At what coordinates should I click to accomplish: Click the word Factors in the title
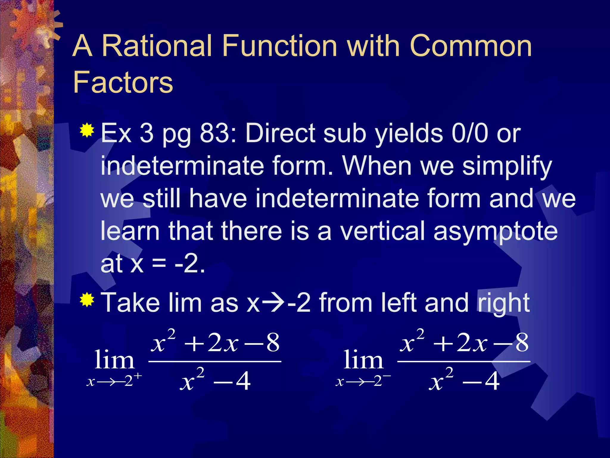click(x=123, y=82)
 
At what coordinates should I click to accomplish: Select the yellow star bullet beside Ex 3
click(x=87, y=130)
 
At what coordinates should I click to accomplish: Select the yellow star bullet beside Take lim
click(x=87, y=300)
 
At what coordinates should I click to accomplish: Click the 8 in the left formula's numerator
click(x=273, y=343)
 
